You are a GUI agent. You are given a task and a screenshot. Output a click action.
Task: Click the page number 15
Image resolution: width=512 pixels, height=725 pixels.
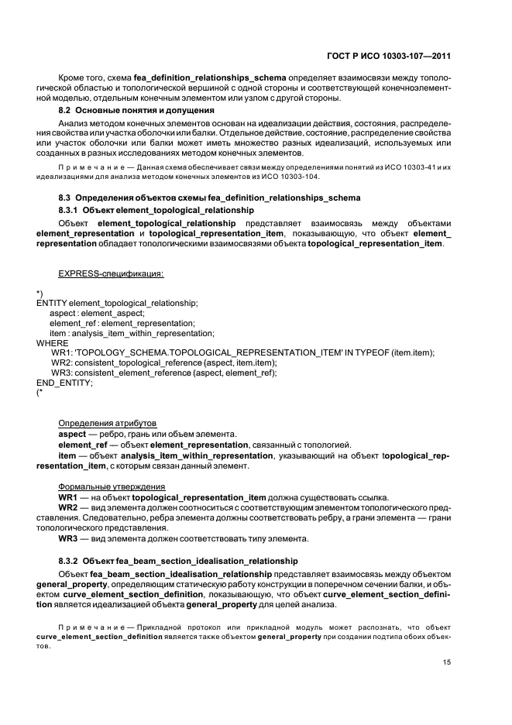(447, 661)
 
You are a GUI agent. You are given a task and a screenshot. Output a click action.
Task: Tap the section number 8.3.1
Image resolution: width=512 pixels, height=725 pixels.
(69, 210)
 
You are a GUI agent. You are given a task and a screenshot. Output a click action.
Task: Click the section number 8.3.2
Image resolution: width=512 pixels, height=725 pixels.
(69, 560)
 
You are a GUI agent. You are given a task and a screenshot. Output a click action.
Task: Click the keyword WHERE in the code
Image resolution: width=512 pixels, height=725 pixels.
(53, 342)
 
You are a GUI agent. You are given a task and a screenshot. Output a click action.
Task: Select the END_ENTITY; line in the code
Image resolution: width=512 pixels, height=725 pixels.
(64, 383)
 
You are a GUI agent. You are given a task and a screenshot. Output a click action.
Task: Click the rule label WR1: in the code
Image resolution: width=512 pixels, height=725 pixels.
(62, 352)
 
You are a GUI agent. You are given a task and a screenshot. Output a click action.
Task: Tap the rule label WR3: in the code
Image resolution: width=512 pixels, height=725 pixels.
(62, 373)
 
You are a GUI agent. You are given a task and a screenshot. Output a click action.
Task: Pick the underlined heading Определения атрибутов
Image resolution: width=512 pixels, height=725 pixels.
(108, 424)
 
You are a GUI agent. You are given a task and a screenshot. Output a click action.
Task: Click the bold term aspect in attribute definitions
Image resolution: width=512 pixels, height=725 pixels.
(72, 434)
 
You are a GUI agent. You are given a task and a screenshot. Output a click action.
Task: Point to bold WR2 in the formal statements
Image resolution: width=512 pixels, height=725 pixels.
(69, 507)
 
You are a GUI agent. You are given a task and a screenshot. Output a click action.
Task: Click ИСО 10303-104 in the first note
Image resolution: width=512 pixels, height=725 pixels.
(309, 177)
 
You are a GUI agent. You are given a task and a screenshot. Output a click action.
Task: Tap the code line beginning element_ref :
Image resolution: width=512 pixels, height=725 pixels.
(122, 322)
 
